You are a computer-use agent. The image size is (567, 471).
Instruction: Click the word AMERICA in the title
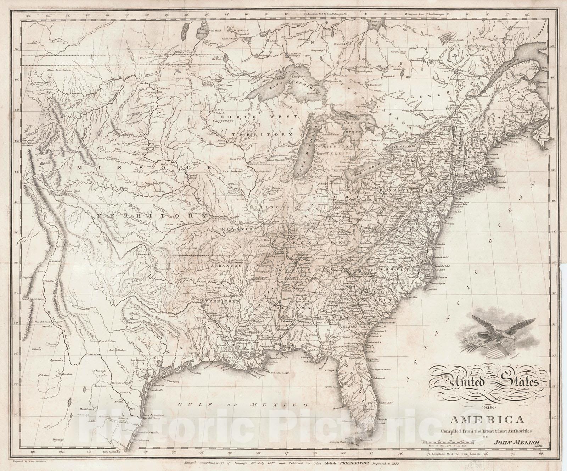(x=485, y=420)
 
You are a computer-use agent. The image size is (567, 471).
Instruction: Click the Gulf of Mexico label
(x=241, y=404)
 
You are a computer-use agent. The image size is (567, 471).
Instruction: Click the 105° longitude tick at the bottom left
(x=34, y=451)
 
